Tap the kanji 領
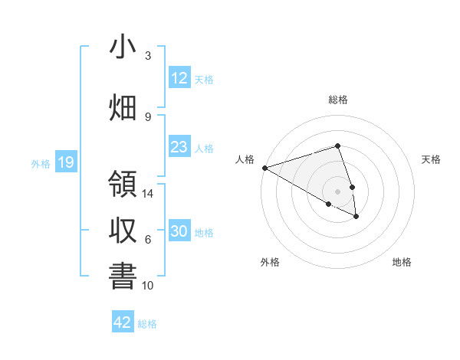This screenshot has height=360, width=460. coord(123,185)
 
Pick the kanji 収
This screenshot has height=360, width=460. coord(123,231)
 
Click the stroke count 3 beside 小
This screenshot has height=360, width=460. coord(148,56)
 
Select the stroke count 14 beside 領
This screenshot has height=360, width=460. coord(149,194)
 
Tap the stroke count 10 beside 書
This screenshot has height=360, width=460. coord(149,286)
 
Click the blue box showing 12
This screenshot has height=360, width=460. coord(179,78)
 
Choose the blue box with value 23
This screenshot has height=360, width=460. coord(179,147)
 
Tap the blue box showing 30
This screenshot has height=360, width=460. coord(179,231)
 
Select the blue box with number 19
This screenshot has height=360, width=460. coord(66,162)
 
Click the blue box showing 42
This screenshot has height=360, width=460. coord(123,322)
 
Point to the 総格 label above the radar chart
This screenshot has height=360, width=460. coord(338,100)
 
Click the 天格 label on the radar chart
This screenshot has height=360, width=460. coord(431,159)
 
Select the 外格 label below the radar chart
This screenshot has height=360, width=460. coord(270,263)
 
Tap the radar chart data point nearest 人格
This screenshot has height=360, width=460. coord(264,167)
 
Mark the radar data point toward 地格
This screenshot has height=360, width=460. coord(356,217)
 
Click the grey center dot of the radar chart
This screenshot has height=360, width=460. coord(337,191)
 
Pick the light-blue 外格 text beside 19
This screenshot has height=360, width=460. coord(41,163)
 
